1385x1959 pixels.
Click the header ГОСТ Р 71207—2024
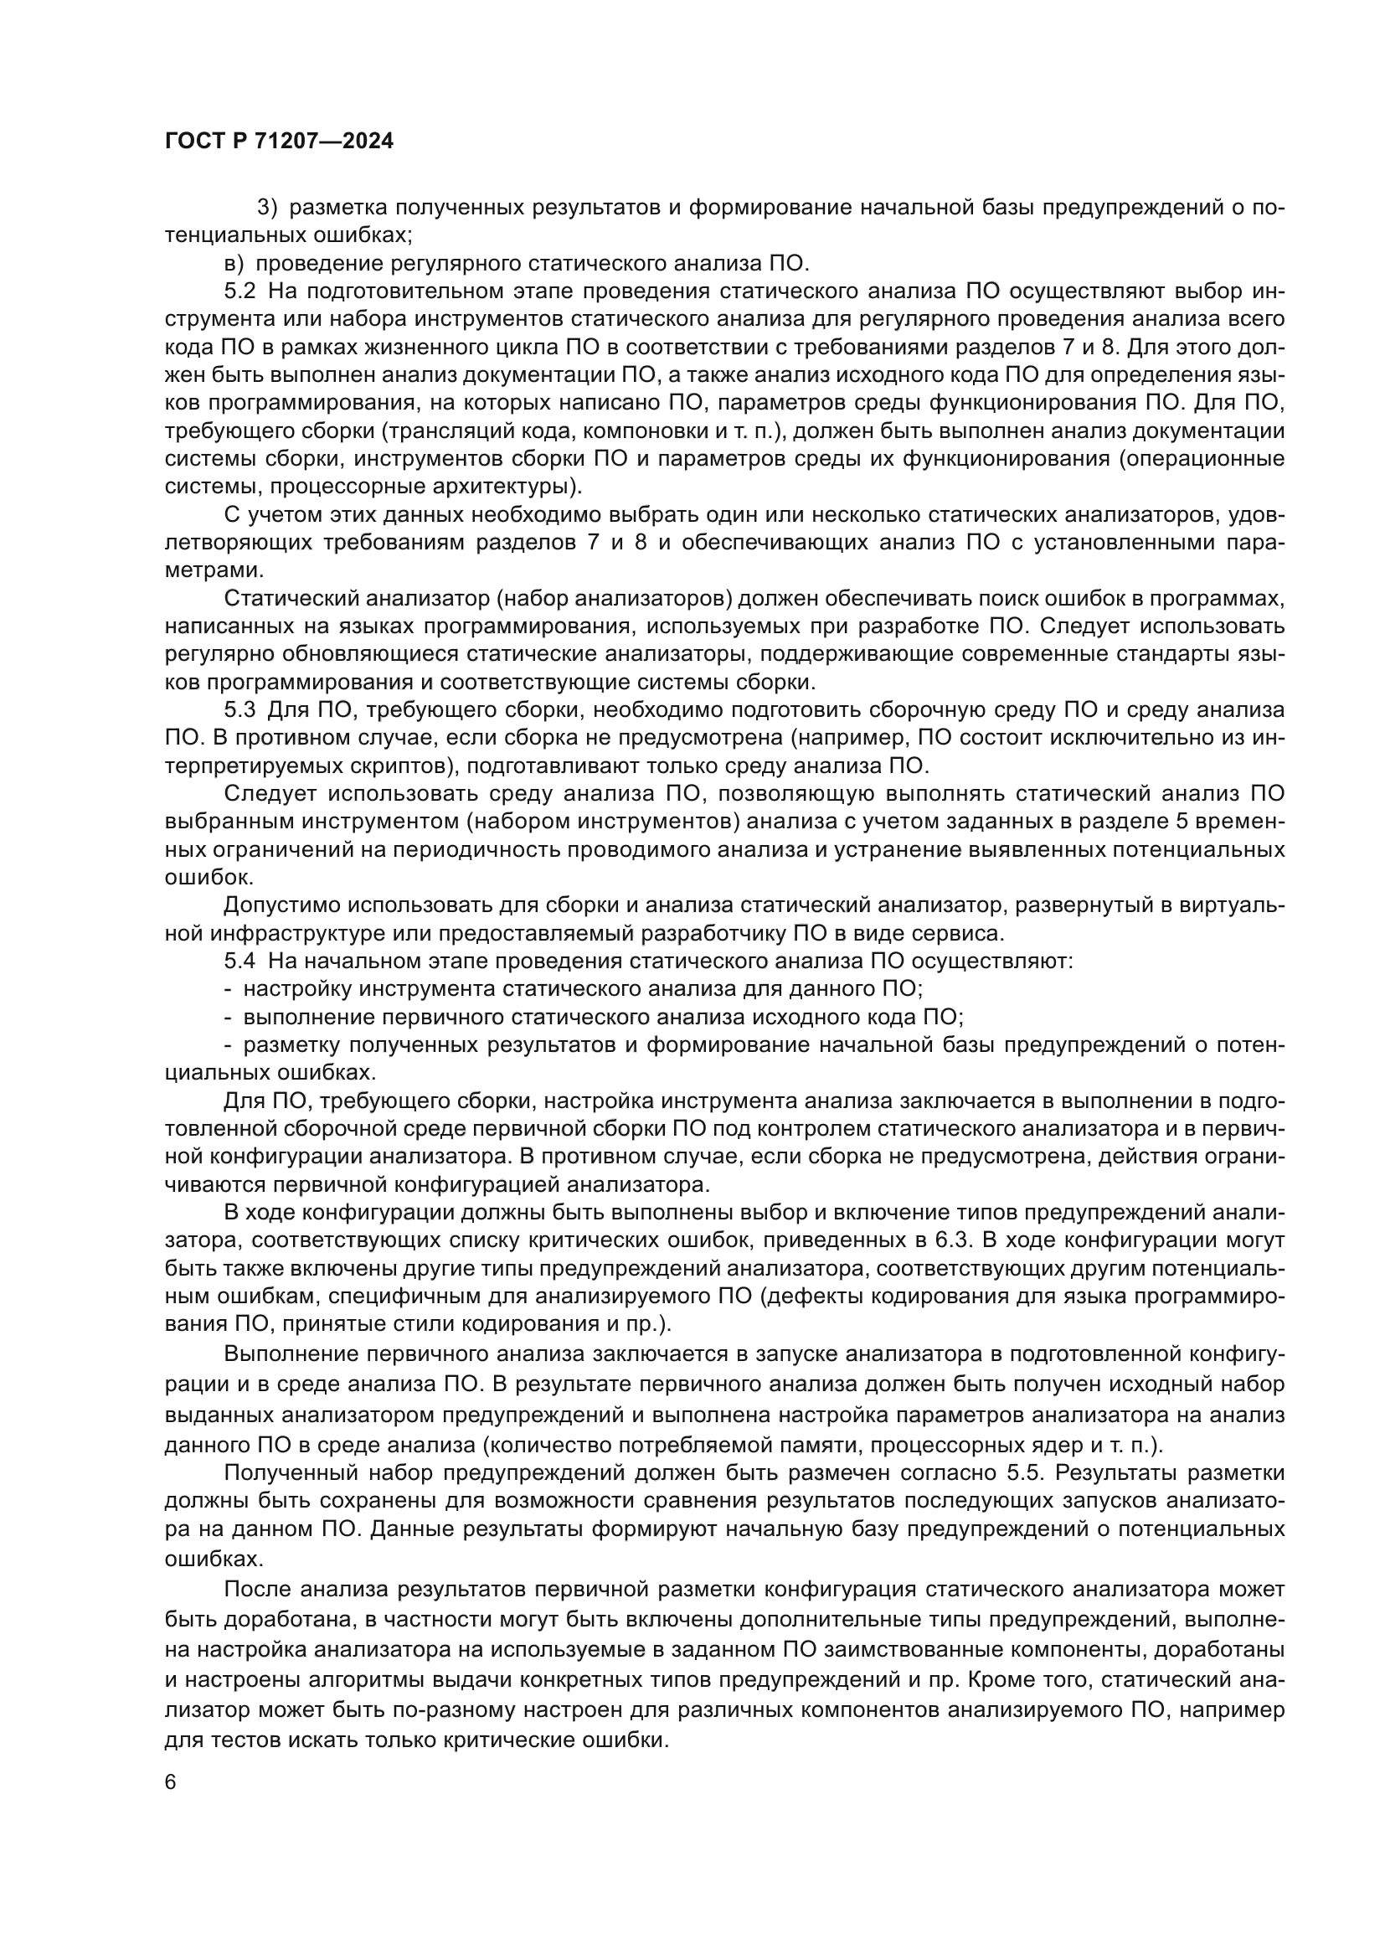(279, 142)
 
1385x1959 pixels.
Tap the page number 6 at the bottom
(171, 1782)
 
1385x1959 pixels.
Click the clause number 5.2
(239, 291)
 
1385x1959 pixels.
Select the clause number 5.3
(239, 710)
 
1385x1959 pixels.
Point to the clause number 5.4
(239, 961)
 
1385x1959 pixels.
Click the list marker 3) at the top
(269, 208)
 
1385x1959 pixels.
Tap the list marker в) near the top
(234, 263)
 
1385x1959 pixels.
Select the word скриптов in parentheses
(401, 766)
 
